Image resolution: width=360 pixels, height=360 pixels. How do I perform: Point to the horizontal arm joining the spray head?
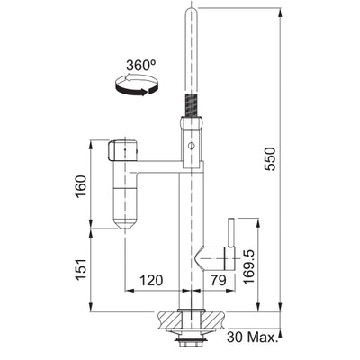pos(157,166)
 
